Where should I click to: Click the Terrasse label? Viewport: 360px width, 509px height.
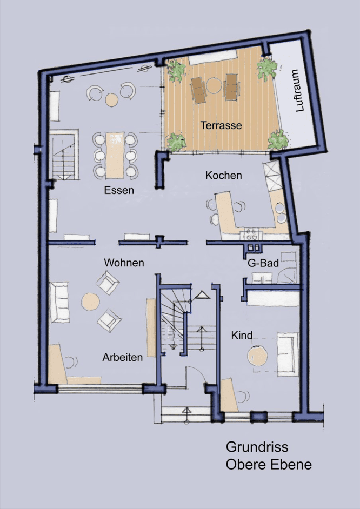[221, 125]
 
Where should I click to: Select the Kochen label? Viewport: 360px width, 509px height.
[223, 176]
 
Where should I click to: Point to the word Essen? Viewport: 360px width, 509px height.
[119, 190]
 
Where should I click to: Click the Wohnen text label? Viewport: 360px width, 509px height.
[124, 263]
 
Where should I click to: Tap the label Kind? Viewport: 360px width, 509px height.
[242, 336]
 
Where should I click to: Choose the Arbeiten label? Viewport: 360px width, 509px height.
[123, 357]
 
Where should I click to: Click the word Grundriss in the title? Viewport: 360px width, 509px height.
[257, 447]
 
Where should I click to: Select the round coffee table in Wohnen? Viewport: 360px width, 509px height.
[90, 301]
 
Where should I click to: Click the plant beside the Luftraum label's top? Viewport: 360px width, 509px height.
[267, 69]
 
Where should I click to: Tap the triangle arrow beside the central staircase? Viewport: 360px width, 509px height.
[202, 294]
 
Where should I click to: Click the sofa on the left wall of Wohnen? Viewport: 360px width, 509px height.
[59, 301]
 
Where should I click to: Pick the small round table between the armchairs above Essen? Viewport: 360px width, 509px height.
[111, 99]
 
